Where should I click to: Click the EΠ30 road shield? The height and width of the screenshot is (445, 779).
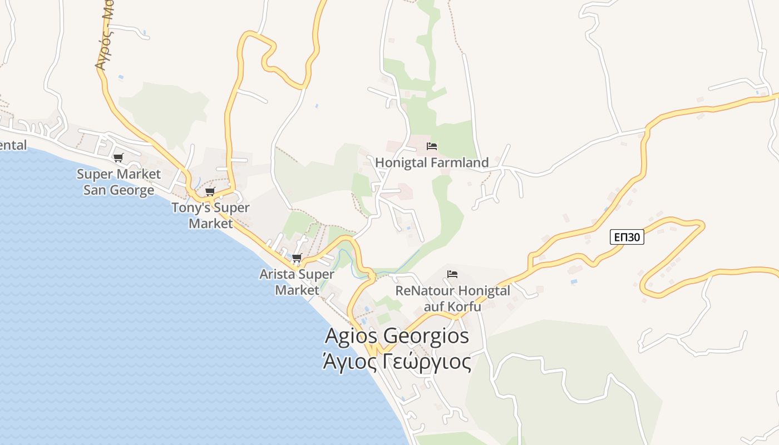627,238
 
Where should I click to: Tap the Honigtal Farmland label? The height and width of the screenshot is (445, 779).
432,162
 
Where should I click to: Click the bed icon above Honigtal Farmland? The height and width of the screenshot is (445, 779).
432,146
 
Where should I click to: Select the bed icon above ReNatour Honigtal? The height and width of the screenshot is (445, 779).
452,274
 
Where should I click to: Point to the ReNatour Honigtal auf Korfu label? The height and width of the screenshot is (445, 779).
452,299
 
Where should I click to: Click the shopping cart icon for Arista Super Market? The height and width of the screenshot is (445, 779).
297,258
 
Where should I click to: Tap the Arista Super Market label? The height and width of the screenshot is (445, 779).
297,282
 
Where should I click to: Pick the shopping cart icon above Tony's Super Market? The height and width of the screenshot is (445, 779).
210,192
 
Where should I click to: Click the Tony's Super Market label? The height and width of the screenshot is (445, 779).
210,215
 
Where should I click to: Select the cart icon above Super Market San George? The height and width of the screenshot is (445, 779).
118,158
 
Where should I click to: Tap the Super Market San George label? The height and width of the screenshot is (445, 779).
119,182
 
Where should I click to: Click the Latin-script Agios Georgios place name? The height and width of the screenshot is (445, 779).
397,336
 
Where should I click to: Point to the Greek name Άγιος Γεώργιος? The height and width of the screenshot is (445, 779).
397,362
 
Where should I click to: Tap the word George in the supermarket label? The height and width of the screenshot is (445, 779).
134,190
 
